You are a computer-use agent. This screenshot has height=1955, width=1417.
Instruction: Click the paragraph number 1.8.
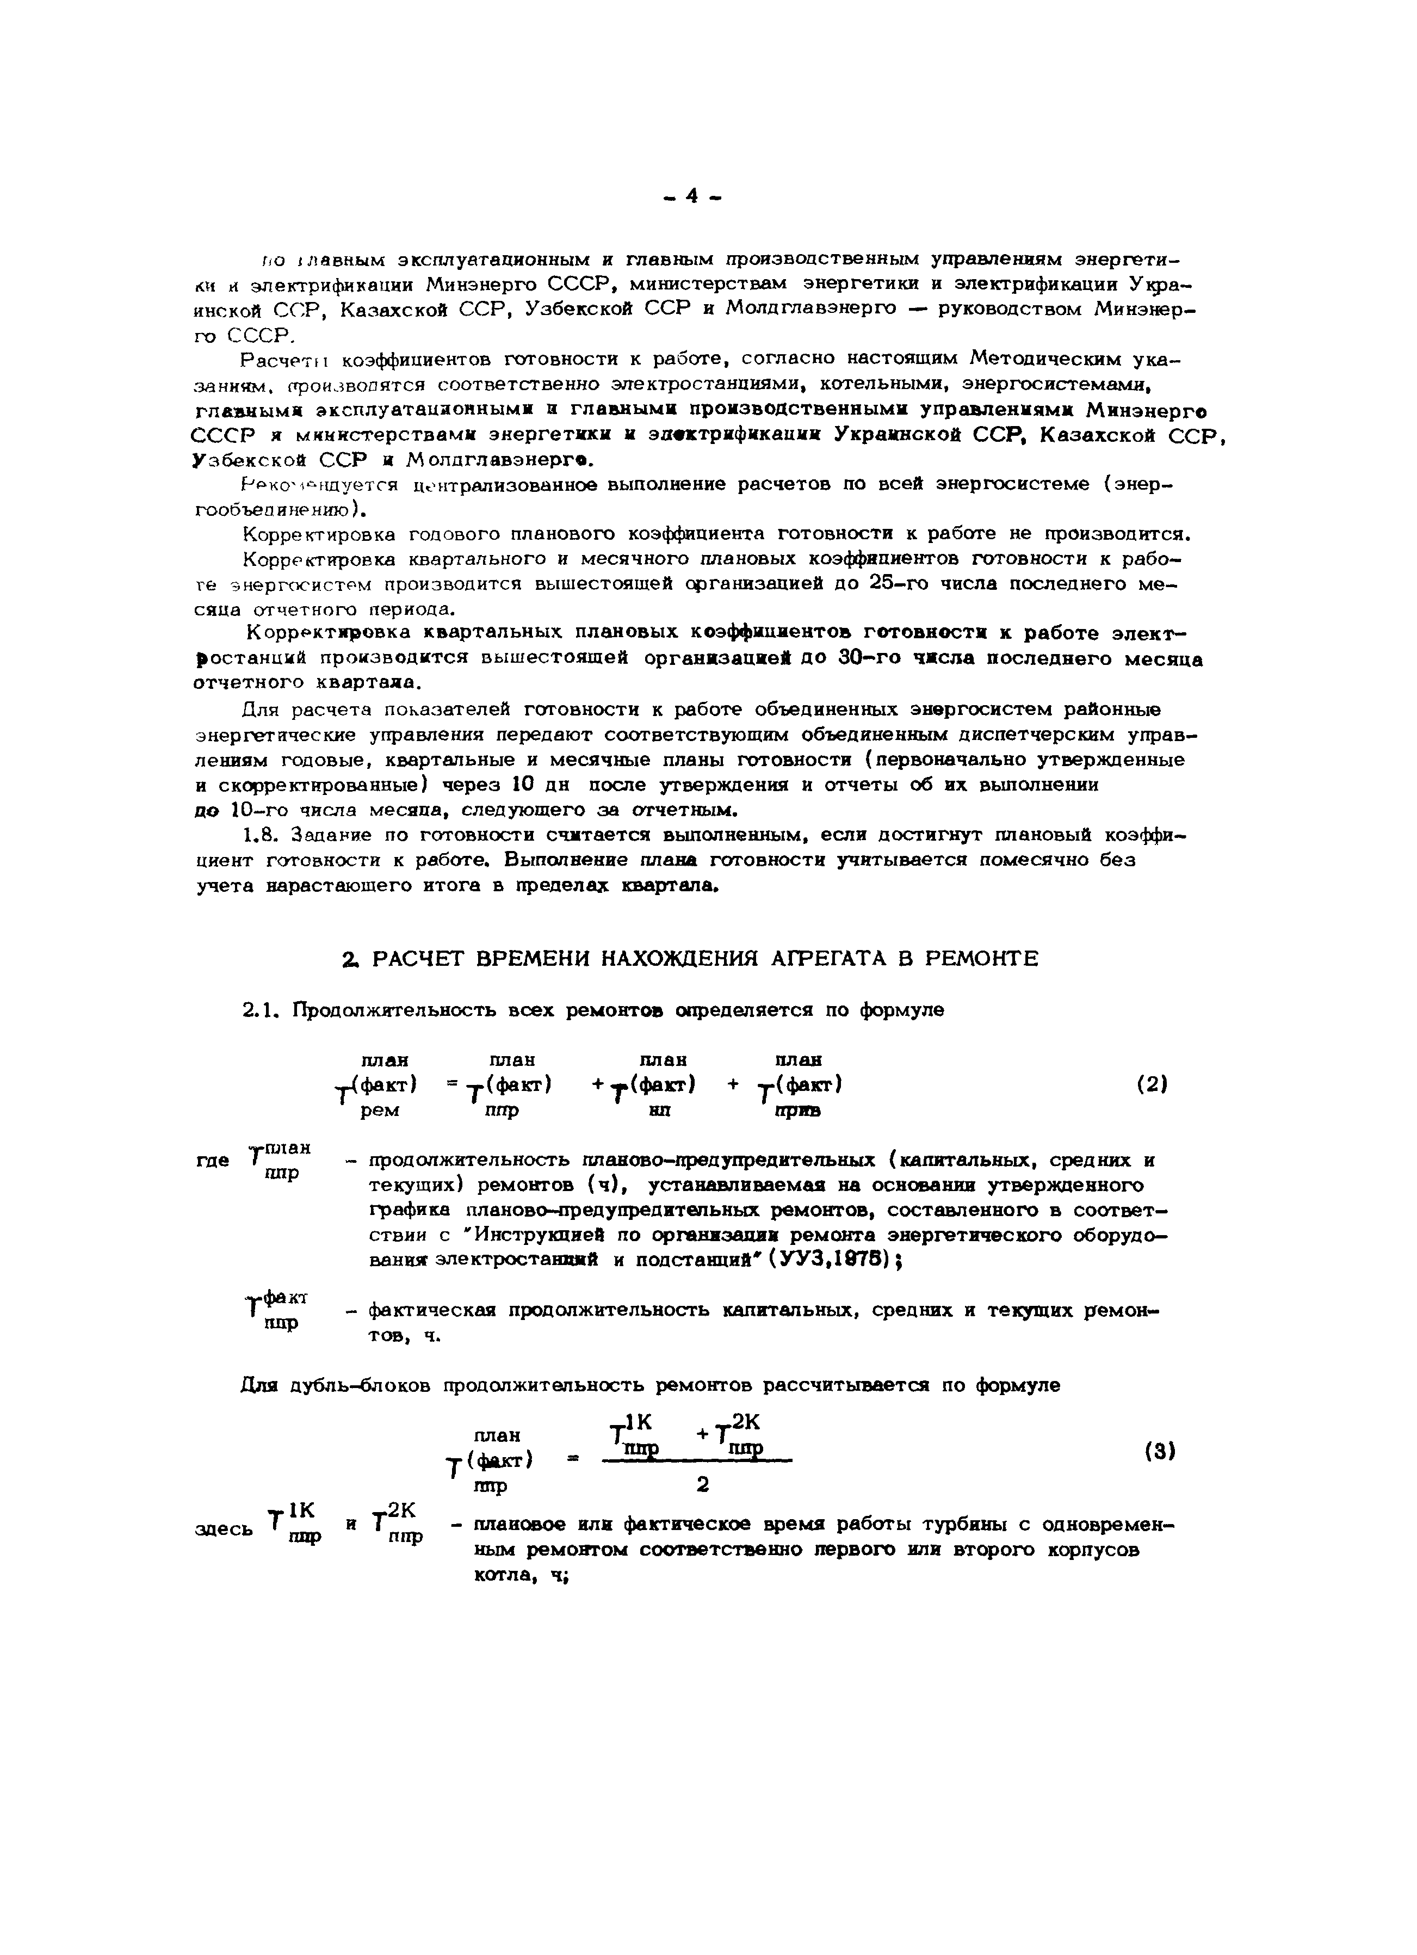[x=261, y=835]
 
